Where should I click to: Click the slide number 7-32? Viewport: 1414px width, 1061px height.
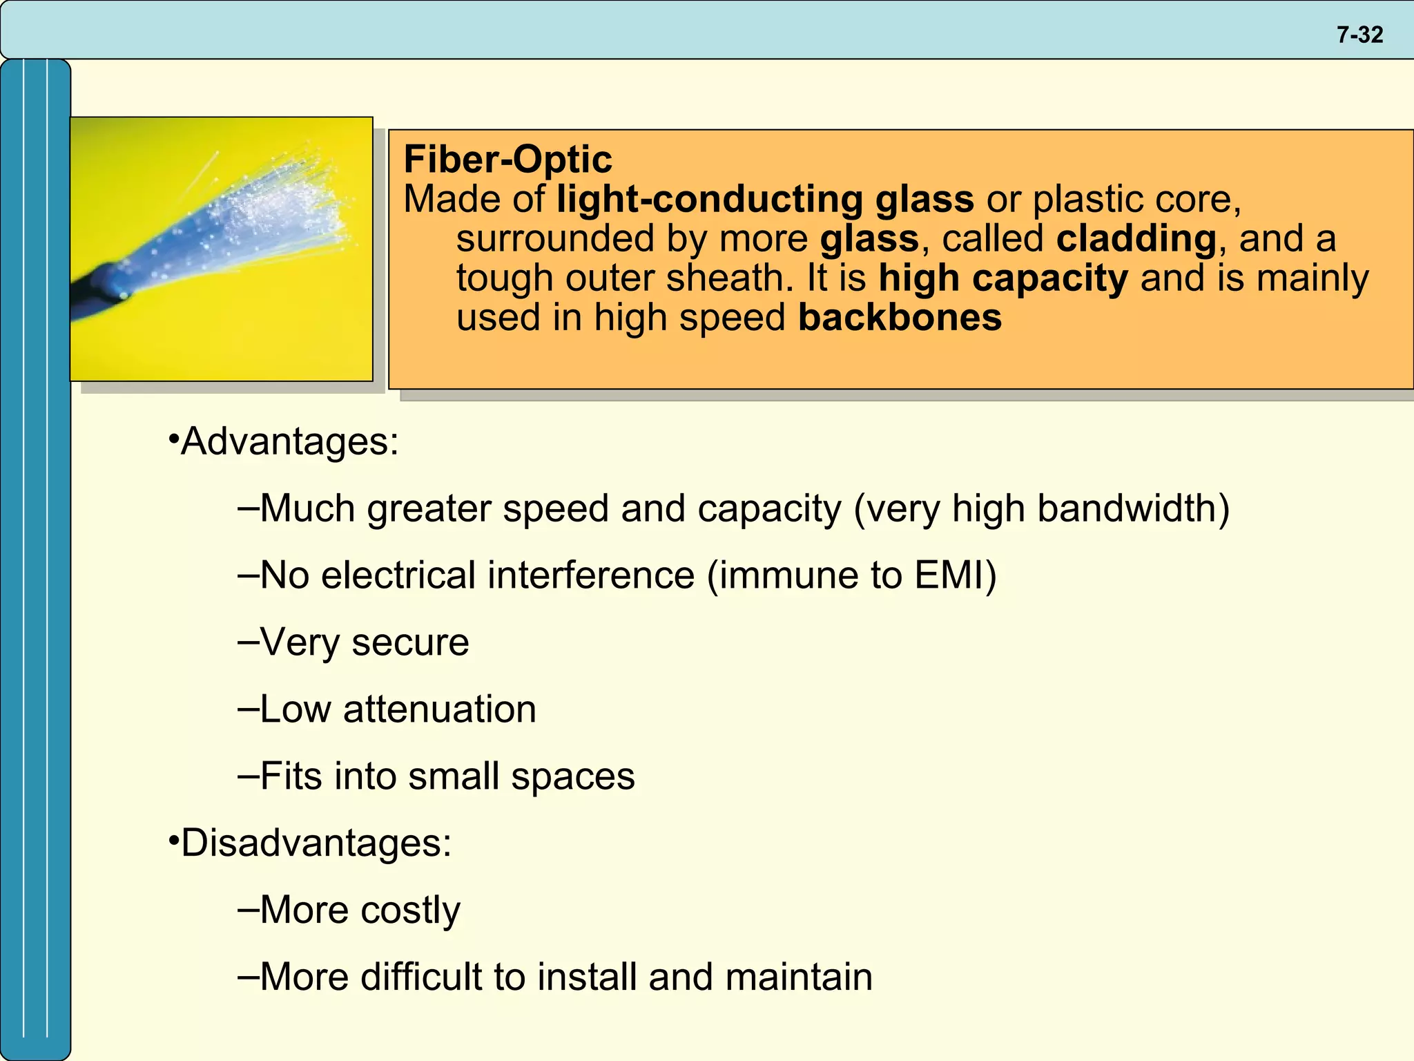pos(1359,35)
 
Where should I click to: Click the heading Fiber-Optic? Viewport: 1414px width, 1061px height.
pos(507,160)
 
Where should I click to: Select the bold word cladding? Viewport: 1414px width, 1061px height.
pos(1136,239)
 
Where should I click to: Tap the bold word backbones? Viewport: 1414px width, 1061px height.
pos(900,318)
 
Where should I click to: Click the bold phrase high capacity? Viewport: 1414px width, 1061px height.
pos(1003,278)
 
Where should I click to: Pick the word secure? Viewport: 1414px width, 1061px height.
pos(410,642)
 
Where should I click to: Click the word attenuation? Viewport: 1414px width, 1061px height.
pos(440,709)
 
